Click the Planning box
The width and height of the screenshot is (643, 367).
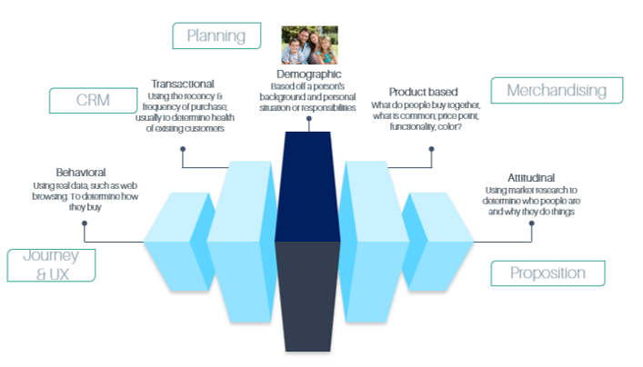pyautogui.click(x=216, y=35)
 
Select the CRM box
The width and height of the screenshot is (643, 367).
pyautogui.click(x=93, y=100)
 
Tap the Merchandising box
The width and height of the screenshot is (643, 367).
pyautogui.click(x=557, y=90)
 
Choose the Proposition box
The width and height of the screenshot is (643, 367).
pyautogui.click(x=548, y=273)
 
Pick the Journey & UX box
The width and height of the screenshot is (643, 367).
pyautogui.click(x=51, y=265)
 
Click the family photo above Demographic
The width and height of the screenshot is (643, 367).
pyautogui.click(x=309, y=45)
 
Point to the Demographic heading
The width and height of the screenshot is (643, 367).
pyautogui.click(x=309, y=74)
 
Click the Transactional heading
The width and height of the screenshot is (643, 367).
pyautogui.click(x=183, y=84)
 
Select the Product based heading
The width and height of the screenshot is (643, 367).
pyautogui.click(x=423, y=92)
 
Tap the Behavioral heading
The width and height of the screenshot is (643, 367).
pyautogui.click(x=81, y=172)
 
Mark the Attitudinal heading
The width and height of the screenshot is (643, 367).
pyautogui.click(x=531, y=178)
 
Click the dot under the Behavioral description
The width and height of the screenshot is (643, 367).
pyautogui.click(x=85, y=223)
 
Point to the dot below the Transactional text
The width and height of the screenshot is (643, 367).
pyautogui.click(x=183, y=149)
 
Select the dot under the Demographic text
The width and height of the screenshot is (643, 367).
pyautogui.click(x=309, y=119)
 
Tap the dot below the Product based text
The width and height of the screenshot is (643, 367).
pyautogui.click(x=431, y=149)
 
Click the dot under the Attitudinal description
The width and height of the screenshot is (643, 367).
pyautogui.click(x=531, y=223)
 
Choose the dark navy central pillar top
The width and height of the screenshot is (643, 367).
pyautogui.click(x=307, y=186)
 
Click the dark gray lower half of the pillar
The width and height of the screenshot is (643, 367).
pyautogui.click(x=307, y=296)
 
